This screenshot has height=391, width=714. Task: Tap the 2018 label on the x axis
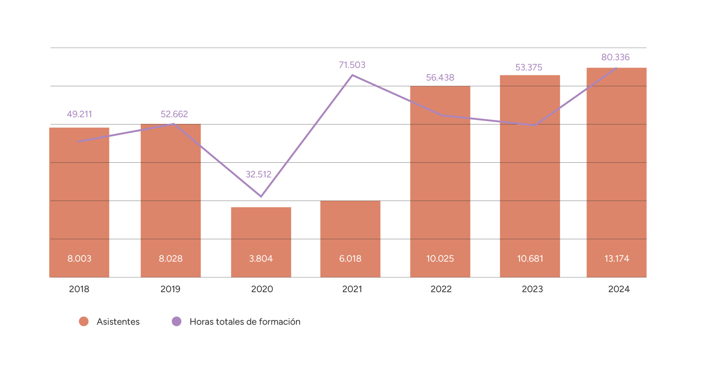click(79, 289)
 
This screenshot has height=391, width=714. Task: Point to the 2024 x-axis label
click(619, 289)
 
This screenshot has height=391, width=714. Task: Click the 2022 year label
click(441, 289)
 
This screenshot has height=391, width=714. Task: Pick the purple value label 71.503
click(352, 65)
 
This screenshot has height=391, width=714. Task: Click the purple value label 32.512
click(258, 175)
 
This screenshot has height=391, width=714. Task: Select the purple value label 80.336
click(615, 57)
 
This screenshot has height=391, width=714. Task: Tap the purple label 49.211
click(79, 114)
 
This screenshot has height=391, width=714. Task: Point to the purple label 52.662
click(174, 114)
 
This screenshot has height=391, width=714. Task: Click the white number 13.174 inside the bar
click(617, 259)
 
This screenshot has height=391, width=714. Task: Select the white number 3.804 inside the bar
click(261, 259)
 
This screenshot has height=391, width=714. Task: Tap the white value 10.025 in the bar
click(440, 259)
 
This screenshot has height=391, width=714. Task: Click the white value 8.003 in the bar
click(79, 259)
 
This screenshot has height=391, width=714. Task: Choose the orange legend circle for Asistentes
click(84, 321)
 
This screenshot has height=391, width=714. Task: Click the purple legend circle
click(177, 321)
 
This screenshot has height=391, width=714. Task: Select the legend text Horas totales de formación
click(245, 322)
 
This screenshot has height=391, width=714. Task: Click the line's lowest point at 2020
click(261, 197)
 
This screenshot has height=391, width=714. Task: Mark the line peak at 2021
click(352, 75)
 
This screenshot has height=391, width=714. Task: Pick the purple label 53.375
click(529, 68)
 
